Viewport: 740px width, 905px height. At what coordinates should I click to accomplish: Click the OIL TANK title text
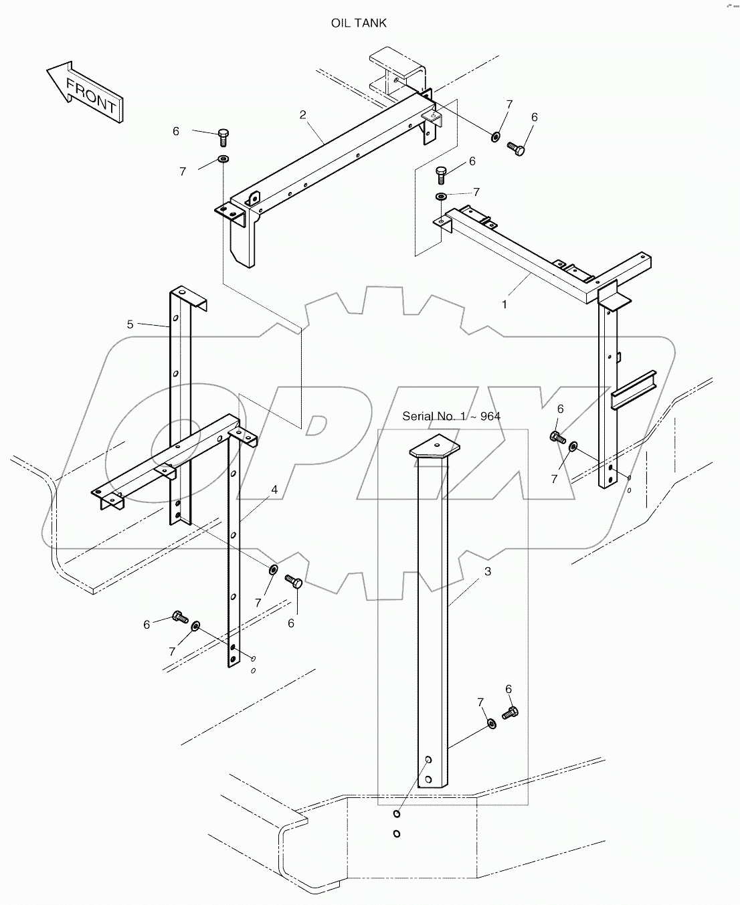click(x=359, y=23)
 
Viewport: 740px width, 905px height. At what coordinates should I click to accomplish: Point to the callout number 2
click(x=302, y=114)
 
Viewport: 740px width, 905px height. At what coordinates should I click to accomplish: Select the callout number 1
click(x=504, y=304)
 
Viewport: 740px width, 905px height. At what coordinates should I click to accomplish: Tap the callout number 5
click(x=130, y=324)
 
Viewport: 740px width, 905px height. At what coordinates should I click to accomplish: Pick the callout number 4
click(x=274, y=490)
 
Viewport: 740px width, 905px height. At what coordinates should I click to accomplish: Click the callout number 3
click(x=488, y=572)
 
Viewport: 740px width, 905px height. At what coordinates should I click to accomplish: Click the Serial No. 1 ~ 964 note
click(x=451, y=416)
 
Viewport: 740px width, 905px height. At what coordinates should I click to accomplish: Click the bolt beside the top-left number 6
click(x=223, y=137)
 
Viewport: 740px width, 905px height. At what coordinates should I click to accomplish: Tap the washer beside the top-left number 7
click(x=223, y=159)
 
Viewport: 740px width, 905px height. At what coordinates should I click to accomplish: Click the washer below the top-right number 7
click(x=441, y=197)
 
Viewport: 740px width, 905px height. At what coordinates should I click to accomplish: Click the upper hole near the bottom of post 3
click(x=428, y=760)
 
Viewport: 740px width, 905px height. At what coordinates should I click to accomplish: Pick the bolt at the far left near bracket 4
click(x=180, y=617)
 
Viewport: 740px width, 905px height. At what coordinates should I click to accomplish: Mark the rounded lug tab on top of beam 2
click(x=254, y=198)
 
